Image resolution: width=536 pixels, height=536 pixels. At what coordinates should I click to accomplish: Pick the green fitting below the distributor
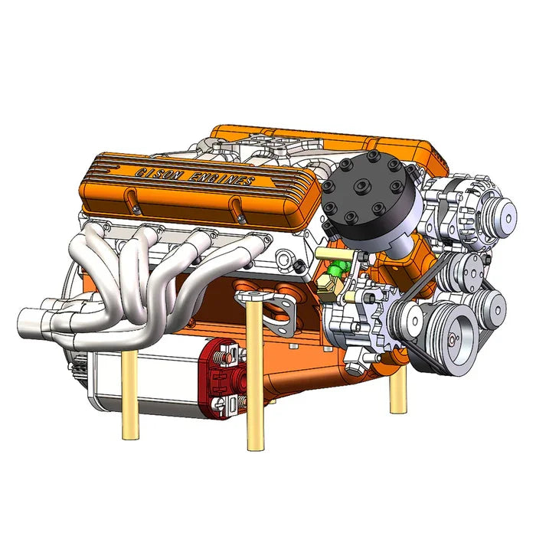(x=336, y=269)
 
